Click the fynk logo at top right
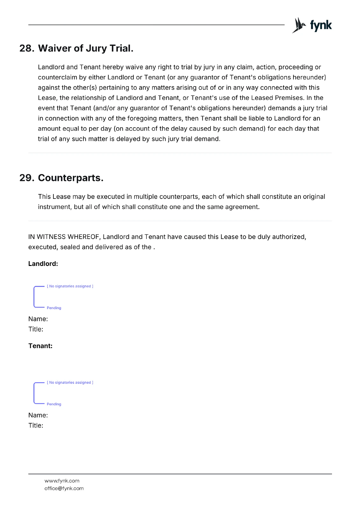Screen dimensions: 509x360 coord(312,25)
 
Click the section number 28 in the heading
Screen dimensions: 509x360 coord(26,48)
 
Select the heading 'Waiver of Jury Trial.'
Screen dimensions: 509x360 coord(86,48)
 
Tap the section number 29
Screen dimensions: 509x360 coord(26,178)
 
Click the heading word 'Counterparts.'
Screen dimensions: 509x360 coord(71,178)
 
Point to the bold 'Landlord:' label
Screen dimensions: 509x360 coord(43,264)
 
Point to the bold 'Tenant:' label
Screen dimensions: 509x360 coord(40,346)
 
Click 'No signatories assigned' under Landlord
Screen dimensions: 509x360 coord(70,286)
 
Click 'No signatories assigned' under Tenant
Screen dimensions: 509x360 coord(70,382)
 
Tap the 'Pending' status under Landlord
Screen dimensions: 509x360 coord(54,308)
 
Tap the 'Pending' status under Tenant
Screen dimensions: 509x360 coord(54,404)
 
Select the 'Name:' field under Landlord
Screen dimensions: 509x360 coord(38,319)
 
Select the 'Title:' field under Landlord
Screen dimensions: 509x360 coord(36,329)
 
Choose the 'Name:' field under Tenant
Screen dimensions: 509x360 coord(38,415)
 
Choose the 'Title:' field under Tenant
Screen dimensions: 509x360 coord(36,425)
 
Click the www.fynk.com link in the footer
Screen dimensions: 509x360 coord(62,481)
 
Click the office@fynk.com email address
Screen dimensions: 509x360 coord(64,488)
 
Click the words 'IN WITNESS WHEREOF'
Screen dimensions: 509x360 coord(64,237)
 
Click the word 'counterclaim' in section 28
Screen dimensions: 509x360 coord(57,77)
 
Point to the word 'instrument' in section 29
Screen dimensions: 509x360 coord(55,207)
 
